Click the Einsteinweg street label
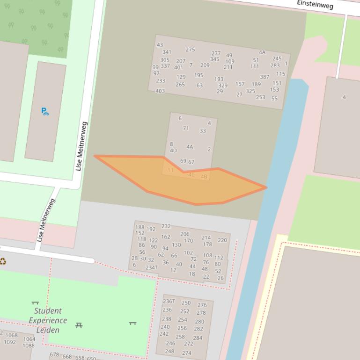315,4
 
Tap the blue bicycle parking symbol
44,111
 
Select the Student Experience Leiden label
48,320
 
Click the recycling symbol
3,261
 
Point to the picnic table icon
79,325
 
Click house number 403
160,91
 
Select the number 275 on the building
190,50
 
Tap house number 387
264,77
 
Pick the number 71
186,128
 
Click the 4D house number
173,151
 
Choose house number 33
203,131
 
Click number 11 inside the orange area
170,170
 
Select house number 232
166,226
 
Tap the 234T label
151,268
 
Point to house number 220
222,240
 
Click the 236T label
169,301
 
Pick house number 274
187,353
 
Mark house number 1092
10,342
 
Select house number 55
274,99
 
